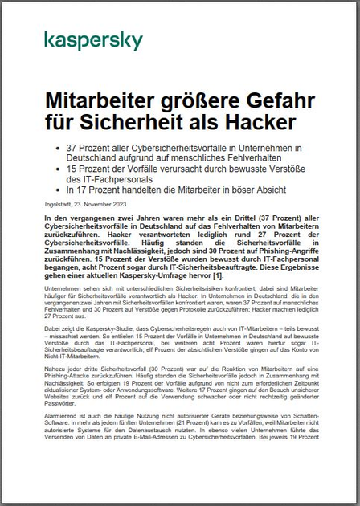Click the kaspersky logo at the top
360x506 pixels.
93,41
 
